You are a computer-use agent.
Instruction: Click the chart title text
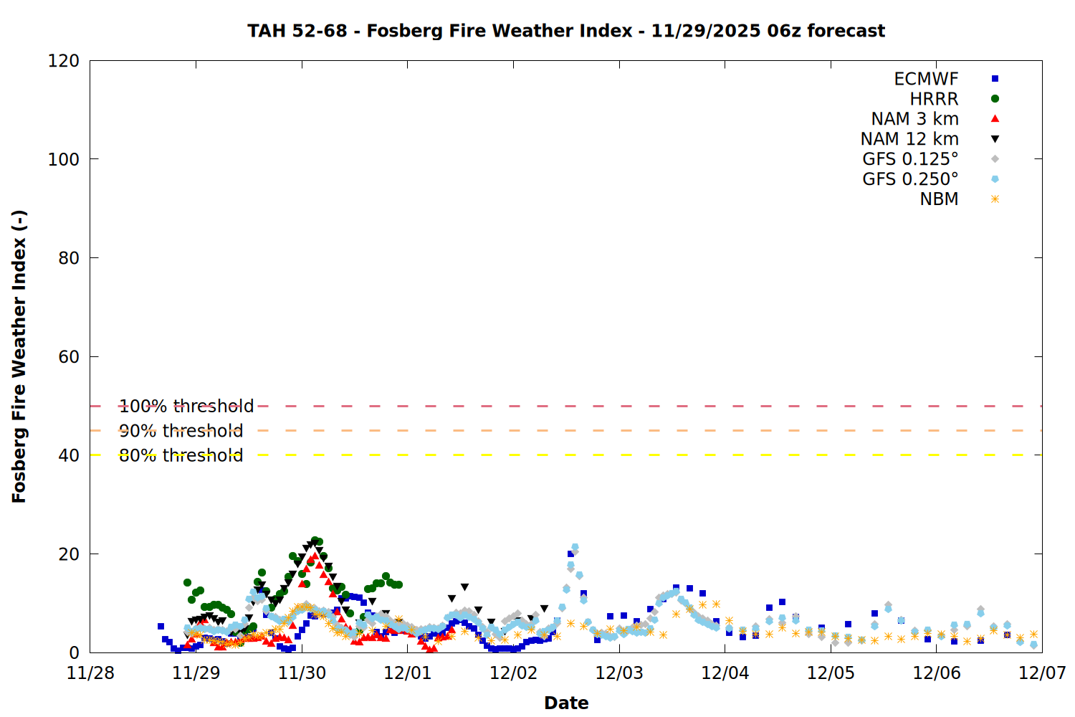point(566,31)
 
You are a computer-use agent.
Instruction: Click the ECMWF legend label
point(926,79)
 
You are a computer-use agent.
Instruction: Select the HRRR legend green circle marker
point(995,99)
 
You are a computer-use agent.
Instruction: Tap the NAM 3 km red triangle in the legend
point(995,119)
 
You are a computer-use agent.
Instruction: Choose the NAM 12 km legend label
point(909,139)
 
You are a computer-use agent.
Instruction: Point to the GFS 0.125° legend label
point(910,159)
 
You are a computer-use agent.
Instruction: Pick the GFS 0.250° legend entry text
point(910,179)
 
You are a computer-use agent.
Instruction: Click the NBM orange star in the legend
point(995,199)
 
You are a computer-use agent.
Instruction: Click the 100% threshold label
point(186,407)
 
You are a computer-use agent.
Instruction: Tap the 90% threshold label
point(181,431)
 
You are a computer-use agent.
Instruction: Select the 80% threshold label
point(181,455)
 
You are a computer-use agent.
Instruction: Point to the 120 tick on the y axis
point(64,61)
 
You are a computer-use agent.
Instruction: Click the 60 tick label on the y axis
point(69,357)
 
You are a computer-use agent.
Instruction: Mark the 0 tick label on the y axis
point(75,652)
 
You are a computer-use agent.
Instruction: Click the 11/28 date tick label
point(90,673)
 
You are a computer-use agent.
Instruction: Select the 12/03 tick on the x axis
point(619,673)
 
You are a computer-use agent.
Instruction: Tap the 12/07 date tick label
point(1042,673)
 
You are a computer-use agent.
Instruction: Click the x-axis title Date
point(566,703)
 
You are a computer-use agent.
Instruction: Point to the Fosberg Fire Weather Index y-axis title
point(19,356)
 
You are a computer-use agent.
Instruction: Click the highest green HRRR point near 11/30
point(315,541)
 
